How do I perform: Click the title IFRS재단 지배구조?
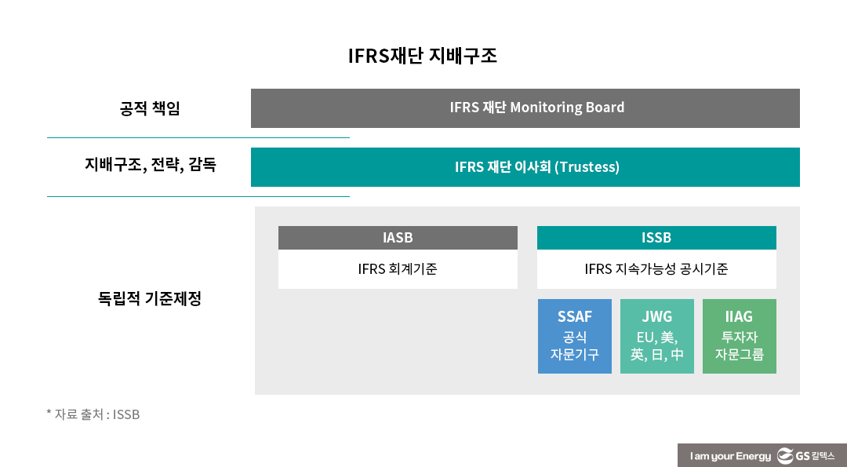423,57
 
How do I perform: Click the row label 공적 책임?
150,108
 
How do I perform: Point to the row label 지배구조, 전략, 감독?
151,166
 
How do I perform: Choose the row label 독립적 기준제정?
150,299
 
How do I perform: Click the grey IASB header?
398,238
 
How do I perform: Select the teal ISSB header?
656,238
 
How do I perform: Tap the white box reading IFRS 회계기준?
398,269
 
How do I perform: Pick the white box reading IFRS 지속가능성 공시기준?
656,269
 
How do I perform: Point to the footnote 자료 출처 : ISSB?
93,414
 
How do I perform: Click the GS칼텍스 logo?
805,456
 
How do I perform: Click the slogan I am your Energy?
730,456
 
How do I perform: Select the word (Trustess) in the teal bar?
587,167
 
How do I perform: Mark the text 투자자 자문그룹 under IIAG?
739,346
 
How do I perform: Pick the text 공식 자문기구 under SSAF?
575,346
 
